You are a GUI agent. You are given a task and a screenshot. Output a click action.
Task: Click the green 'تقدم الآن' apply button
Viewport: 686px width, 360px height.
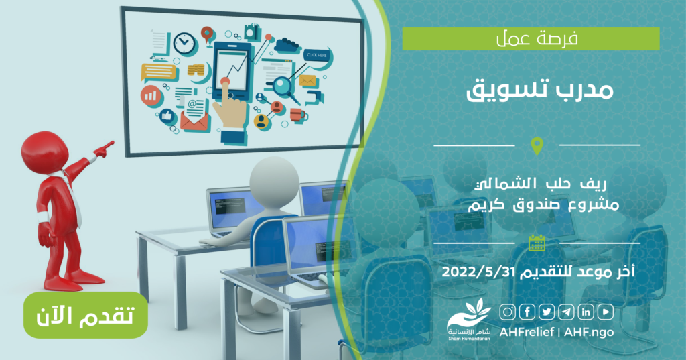pyautogui.click(x=86, y=315)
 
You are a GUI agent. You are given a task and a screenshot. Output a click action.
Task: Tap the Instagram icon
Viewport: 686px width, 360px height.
pyautogui.click(x=508, y=312)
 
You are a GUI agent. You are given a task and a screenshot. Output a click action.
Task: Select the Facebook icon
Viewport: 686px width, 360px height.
pyautogui.click(x=527, y=312)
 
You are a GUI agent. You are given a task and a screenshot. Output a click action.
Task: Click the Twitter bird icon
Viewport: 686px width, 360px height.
pyautogui.click(x=547, y=312)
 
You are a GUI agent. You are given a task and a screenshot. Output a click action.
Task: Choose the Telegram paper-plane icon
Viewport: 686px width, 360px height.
pyautogui.click(x=566, y=312)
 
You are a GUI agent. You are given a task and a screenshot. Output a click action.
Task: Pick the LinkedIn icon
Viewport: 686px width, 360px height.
pyautogui.click(x=586, y=312)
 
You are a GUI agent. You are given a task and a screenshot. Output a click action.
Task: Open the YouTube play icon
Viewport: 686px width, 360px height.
pyautogui.click(x=606, y=312)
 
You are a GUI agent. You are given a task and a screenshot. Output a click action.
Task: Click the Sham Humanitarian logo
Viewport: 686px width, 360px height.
pyautogui.click(x=468, y=320)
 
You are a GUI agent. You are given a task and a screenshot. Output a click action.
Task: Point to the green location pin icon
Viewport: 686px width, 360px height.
pyautogui.click(x=537, y=146)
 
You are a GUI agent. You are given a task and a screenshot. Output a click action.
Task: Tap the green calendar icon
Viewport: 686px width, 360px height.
pyautogui.click(x=537, y=243)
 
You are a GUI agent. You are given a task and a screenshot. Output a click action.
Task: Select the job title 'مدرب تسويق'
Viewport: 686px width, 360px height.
pyautogui.click(x=540, y=91)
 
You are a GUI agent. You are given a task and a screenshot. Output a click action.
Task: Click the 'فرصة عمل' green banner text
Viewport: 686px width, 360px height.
pyautogui.click(x=537, y=38)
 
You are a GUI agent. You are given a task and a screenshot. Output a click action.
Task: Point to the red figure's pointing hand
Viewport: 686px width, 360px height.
pyautogui.click(x=104, y=149)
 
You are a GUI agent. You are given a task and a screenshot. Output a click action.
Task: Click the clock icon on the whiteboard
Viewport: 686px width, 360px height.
pyautogui.click(x=185, y=44)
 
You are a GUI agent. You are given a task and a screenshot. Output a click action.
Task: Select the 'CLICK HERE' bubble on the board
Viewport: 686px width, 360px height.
pyautogui.click(x=317, y=55)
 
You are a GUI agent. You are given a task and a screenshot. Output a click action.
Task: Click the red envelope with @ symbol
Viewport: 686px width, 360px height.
pyautogui.click(x=195, y=115)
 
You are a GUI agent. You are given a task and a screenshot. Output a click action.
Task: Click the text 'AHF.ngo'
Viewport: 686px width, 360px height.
pyautogui.click(x=589, y=332)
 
